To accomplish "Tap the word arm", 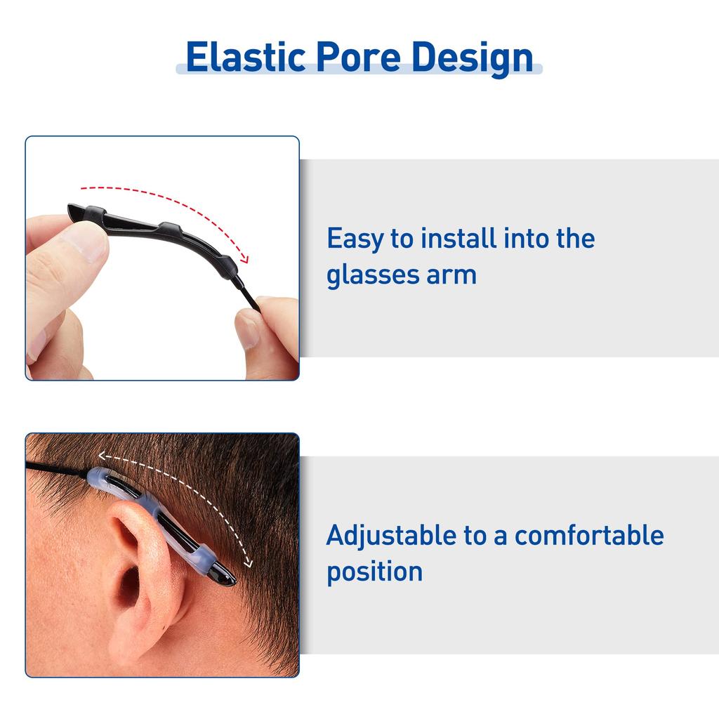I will point(451,275).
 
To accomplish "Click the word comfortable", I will point(589,535).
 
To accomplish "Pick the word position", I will point(374,571).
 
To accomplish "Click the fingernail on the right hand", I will point(247,329).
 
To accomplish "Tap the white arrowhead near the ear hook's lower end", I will point(247,562).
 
